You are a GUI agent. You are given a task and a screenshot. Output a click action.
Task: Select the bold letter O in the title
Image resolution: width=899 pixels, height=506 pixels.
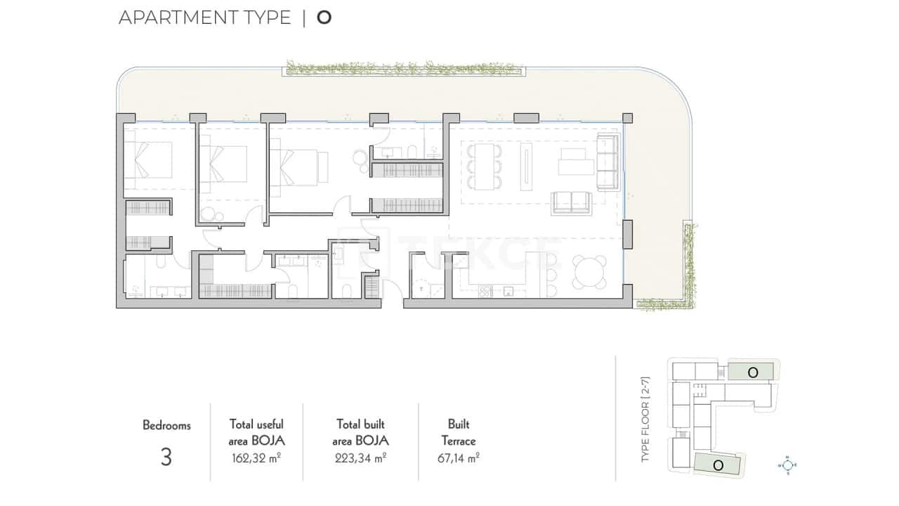tap(324, 18)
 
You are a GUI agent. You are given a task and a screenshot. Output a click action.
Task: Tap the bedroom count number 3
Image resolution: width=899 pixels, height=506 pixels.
tap(166, 458)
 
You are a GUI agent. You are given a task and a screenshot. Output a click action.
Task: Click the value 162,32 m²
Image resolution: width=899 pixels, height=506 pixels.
tap(256, 458)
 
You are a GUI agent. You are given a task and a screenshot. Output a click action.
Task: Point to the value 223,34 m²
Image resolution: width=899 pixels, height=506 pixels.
tap(360, 458)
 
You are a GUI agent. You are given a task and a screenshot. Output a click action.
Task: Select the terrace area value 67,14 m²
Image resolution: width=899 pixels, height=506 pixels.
tap(458, 458)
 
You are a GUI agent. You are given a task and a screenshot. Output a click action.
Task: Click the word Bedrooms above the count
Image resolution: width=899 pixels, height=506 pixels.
tap(166, 425)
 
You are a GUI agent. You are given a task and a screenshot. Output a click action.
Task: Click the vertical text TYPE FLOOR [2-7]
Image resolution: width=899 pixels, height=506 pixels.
tap(646, 420)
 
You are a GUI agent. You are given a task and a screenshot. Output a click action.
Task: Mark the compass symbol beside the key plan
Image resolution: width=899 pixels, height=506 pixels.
tap(788, 465)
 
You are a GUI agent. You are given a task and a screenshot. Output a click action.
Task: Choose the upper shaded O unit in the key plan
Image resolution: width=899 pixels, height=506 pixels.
tap(752, 372)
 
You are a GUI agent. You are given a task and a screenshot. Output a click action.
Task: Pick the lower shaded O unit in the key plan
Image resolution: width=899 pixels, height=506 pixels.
tap(718, 465)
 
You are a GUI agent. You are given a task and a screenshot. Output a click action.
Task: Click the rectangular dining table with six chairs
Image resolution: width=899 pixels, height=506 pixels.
tap(485, 167)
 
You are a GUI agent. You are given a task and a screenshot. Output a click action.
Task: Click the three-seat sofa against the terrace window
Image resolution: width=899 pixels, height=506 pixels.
tap(606, 163)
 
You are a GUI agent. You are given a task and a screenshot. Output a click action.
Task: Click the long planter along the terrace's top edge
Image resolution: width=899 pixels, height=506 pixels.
tap(405, 68)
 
